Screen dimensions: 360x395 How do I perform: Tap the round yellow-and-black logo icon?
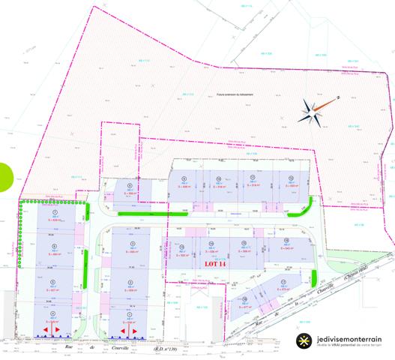(303, 340)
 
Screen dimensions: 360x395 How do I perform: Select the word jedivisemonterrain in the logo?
(347, 338)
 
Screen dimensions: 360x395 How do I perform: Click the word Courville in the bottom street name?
(118, 349)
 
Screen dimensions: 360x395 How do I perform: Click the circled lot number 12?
(289, 178)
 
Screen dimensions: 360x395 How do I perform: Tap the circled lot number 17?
(284, 280)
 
